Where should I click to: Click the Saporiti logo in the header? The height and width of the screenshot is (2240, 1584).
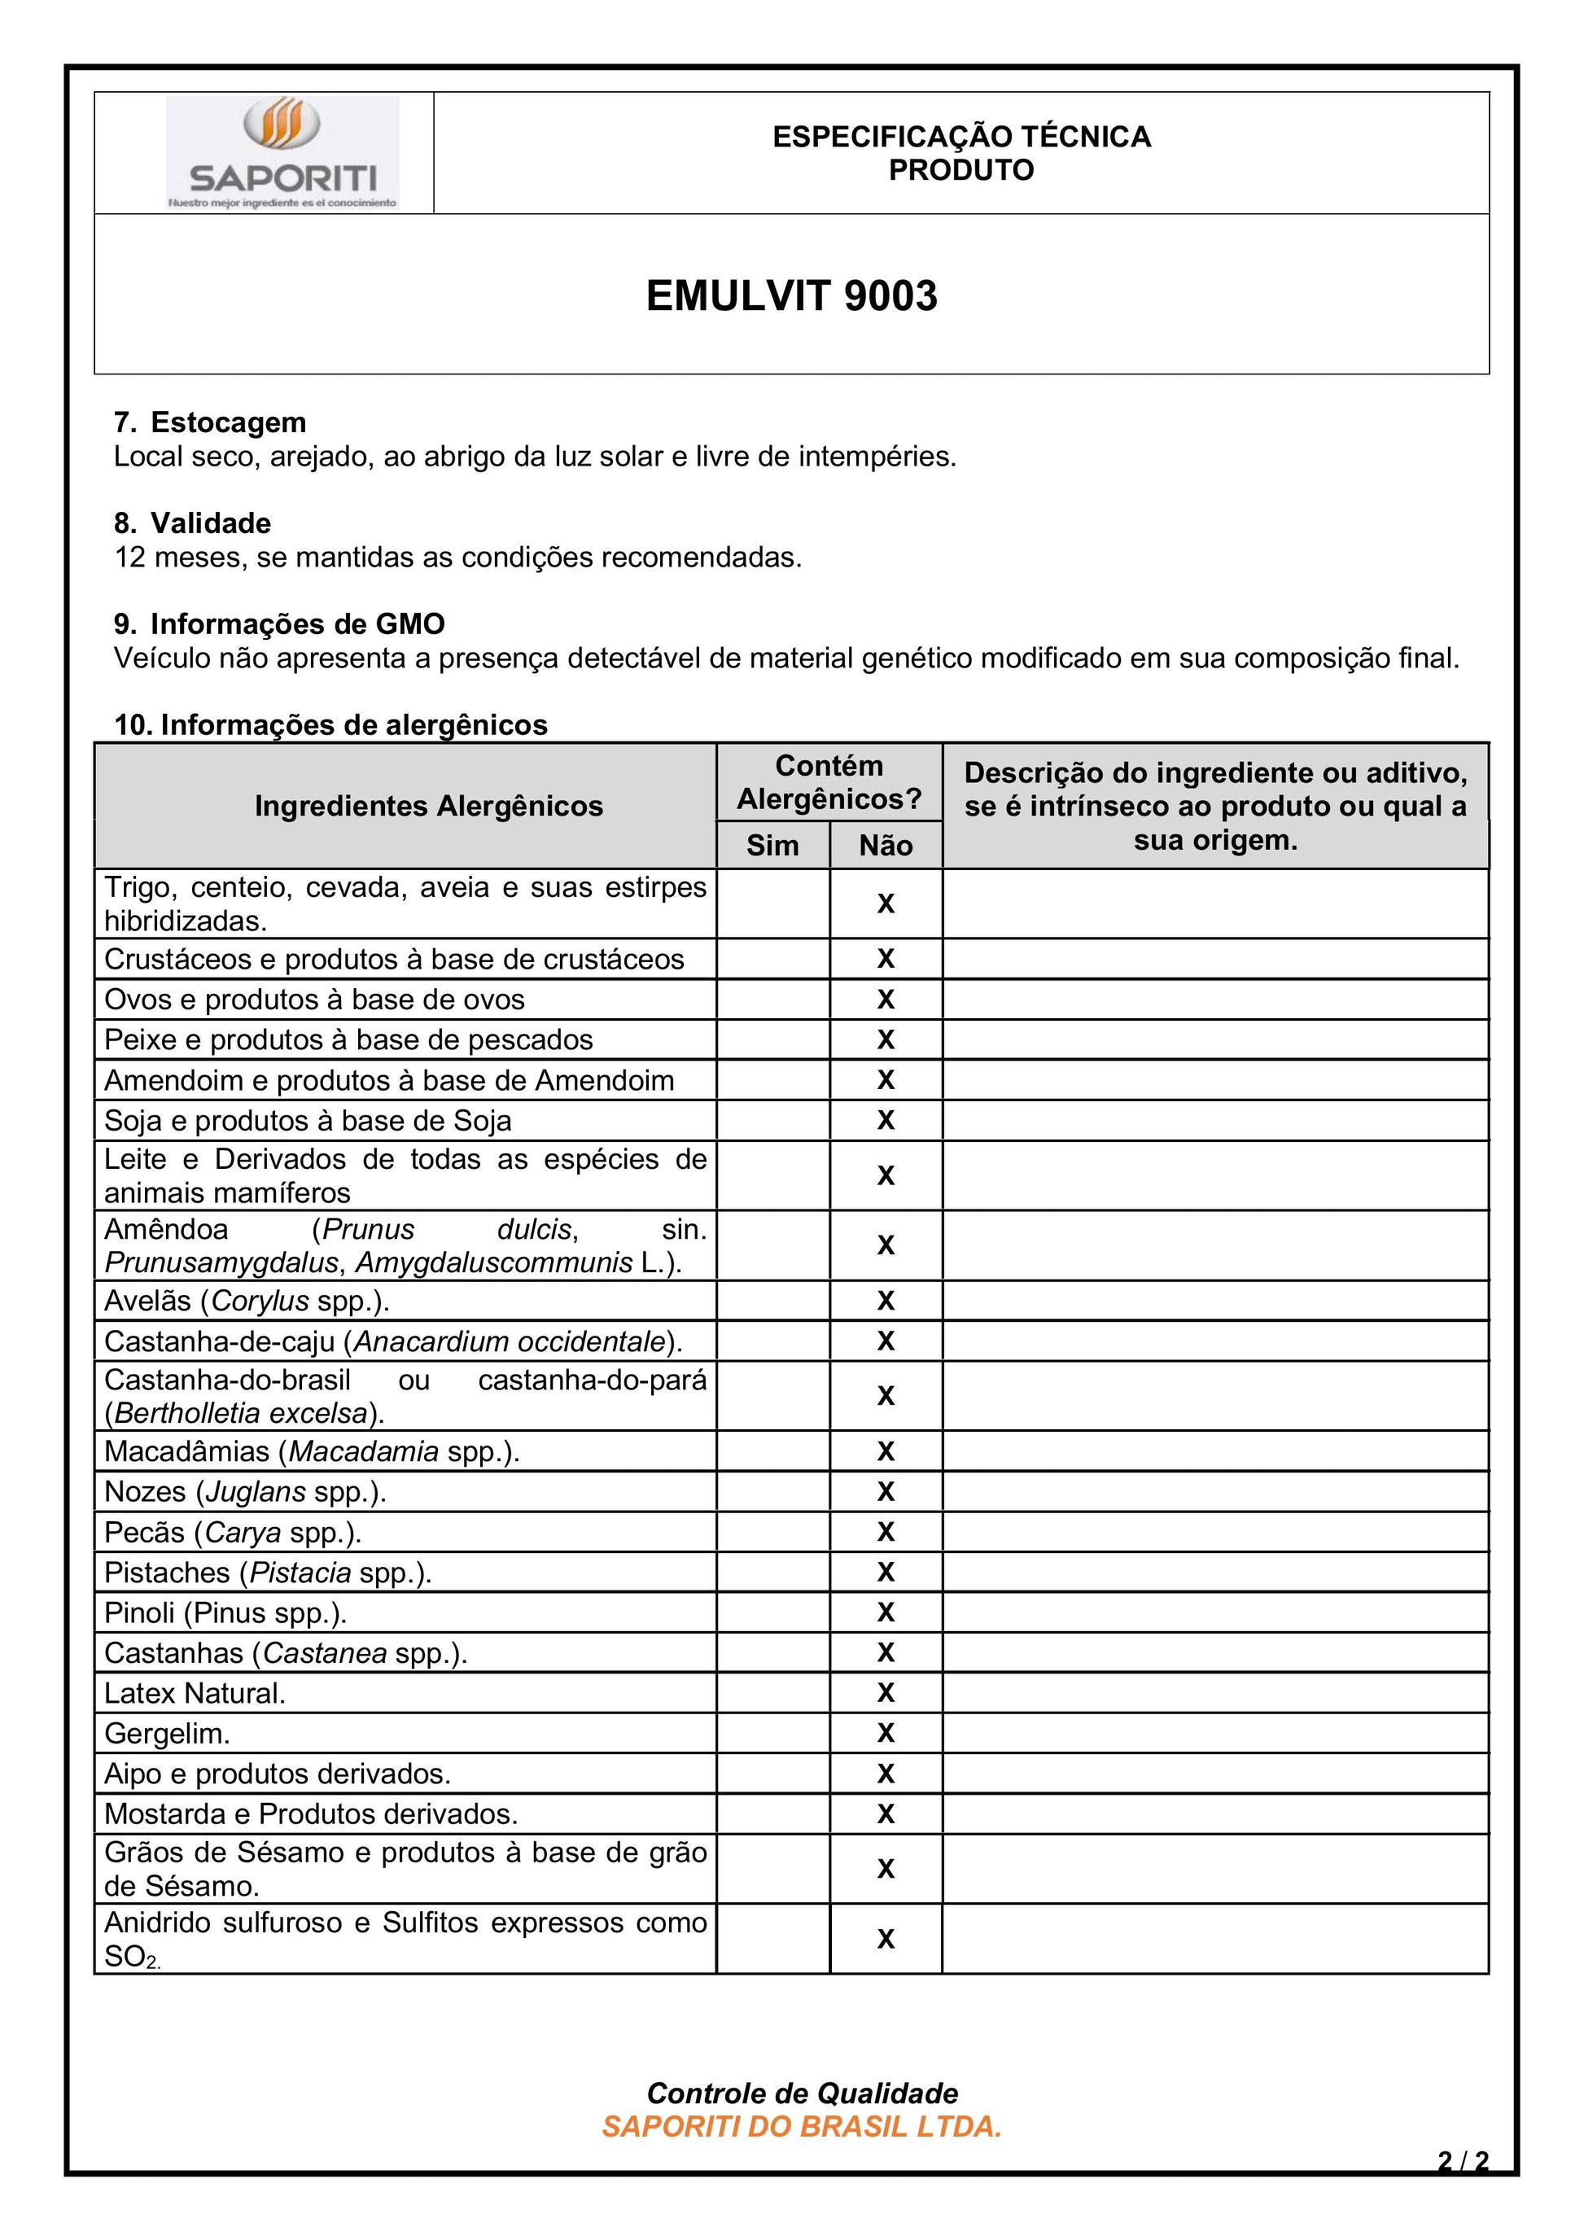[282, 153]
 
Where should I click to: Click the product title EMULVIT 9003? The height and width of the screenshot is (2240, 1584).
[791, 295]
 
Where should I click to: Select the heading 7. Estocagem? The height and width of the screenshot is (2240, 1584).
[210, 422]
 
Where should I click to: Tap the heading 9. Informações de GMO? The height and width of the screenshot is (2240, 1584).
[279, 624]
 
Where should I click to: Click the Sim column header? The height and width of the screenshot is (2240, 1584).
[772, 845]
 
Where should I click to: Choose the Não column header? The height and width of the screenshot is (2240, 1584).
[886, 845]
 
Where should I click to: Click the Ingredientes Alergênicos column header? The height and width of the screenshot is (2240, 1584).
[428, 806]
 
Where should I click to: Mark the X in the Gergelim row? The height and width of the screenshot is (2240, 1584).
[886, 1733]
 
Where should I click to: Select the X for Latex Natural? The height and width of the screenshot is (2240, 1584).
[886, 1693]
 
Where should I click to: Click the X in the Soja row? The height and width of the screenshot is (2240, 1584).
[886, 1120]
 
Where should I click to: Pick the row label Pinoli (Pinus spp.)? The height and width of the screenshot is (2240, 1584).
[225, 1612]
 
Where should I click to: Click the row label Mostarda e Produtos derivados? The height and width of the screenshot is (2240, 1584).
[311, 1813]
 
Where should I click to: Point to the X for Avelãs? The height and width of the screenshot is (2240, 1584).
[886, 1301]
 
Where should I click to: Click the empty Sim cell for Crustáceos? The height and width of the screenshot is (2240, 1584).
[772, 959]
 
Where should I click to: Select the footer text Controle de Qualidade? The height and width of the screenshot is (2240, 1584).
[802, 2093]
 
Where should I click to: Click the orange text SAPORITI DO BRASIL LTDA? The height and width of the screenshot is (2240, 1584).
[802, 2127]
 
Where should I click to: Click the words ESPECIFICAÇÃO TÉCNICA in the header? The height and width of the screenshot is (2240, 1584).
[962, 137]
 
